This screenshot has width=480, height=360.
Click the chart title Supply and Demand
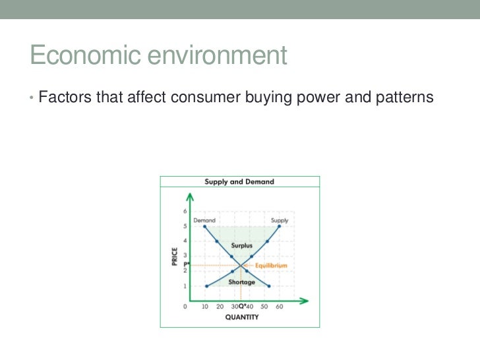pyautogui.click(x=239, y=181)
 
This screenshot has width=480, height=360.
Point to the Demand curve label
pyautogui.click(x=204, y=220)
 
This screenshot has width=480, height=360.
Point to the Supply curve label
pyautogui.click(x=280, y=220)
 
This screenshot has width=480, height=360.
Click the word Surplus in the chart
pyautogui.click(x=241, y=245)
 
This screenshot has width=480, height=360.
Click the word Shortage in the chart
pyautogui.click(x=241, y=282)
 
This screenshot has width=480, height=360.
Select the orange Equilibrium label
pyautogui.click(x=270, y=266)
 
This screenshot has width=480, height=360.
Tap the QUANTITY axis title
pyautogui.click(x=241, y=317)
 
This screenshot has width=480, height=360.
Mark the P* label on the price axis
pyautogui.click(x=186, y=263)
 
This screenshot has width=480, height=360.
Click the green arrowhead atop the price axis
pyautogui.click(x=191, y=196)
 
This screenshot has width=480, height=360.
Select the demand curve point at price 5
pyautogui.click(x=206, y=226)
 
